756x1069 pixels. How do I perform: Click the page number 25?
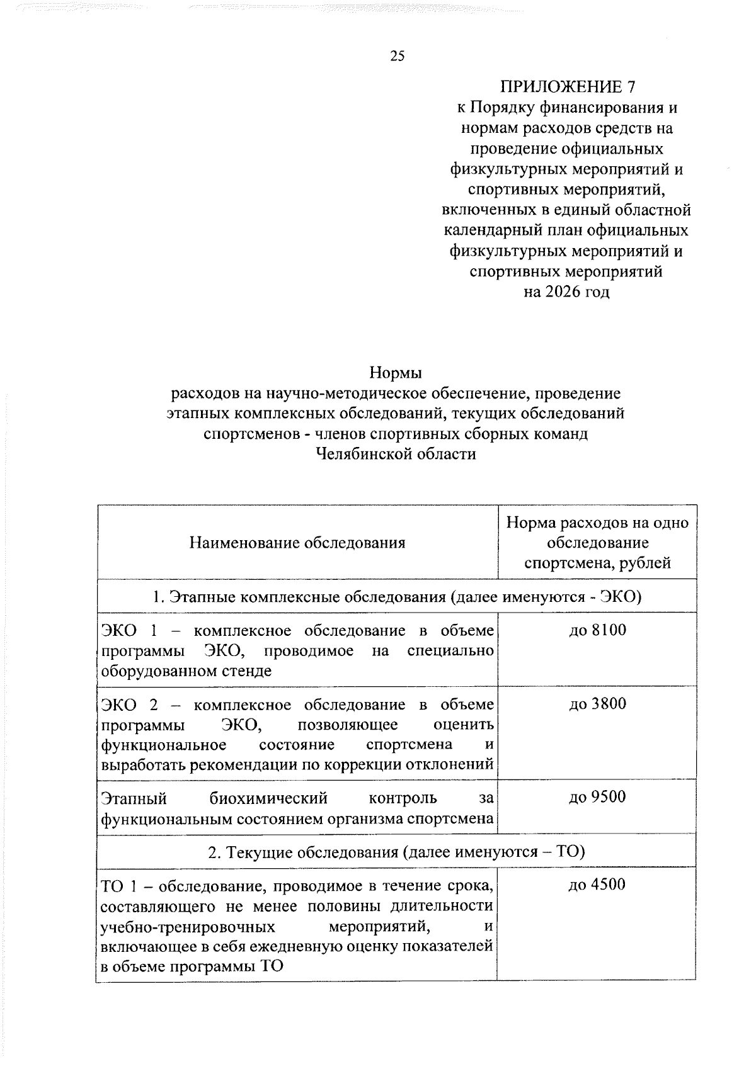[x=398, y=57]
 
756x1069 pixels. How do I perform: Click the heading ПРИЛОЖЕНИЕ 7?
[x=566, y=87]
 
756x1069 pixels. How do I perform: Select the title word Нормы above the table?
[x=396, y=373]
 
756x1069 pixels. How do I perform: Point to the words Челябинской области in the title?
[x=396, y=454]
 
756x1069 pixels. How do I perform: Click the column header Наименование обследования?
[x=297, y=543]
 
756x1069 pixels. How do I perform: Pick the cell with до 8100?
[x=597, y=630]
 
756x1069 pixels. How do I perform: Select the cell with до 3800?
[x=597, y=704]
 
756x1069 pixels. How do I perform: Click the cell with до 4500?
[x=597, y=885]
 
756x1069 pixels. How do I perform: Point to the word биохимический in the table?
[x=268, y=799]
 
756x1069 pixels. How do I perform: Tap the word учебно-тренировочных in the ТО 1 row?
[x=188, y=927]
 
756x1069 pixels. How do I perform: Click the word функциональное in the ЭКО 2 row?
[x=164, y=745]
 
